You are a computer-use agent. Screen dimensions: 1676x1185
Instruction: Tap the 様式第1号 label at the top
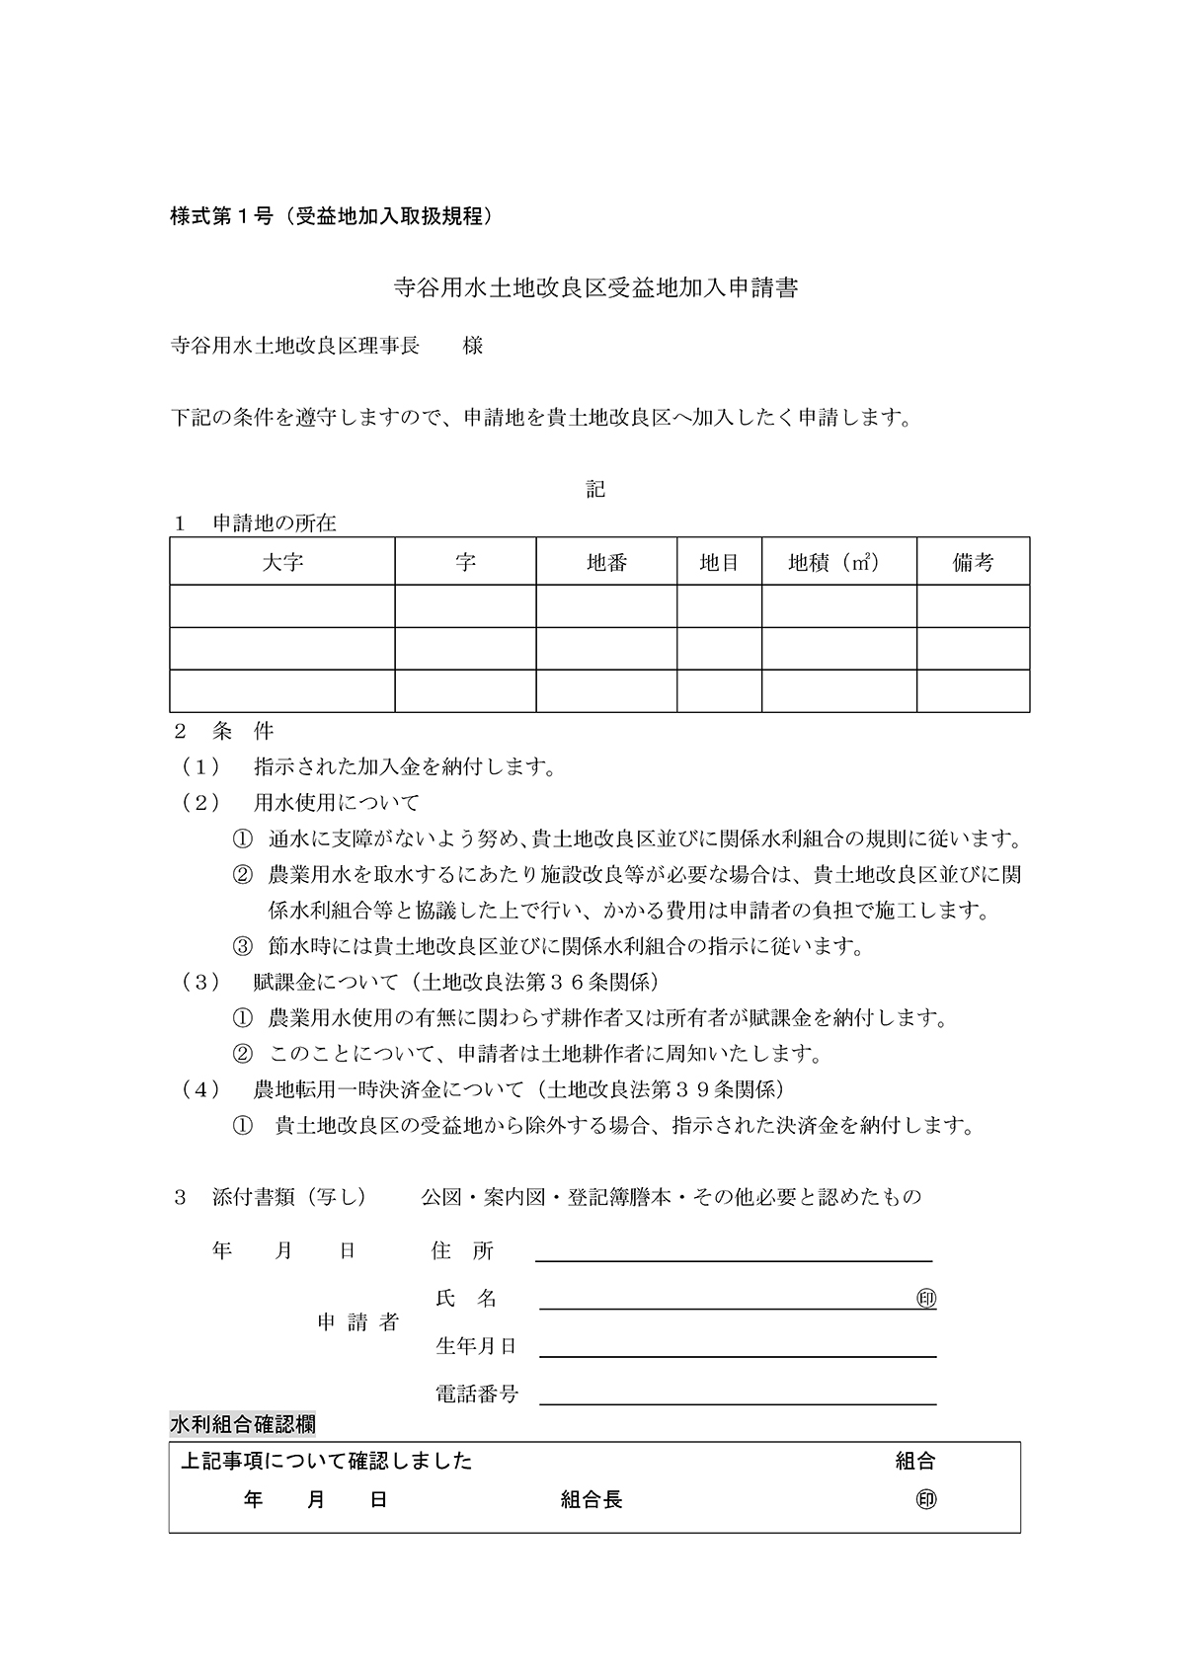[221, 216]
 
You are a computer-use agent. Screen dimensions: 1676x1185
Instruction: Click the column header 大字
[282, 562]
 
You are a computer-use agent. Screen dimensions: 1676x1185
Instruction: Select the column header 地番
[606, 562]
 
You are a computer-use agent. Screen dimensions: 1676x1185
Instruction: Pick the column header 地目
[719, 562]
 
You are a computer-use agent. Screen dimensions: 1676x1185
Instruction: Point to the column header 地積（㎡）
[837, 562]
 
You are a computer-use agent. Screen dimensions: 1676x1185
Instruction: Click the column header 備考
[973, 562]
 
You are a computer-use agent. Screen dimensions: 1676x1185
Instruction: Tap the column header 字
[465, 562]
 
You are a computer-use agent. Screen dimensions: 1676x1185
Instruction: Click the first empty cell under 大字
[282, 605]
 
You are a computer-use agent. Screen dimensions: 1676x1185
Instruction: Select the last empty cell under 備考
[973, 690]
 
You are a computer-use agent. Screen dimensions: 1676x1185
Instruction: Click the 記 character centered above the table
[595, 489]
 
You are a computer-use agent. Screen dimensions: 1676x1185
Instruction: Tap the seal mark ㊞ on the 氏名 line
[926, 1298]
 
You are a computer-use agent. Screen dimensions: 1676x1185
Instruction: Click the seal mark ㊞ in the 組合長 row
[926, 1499]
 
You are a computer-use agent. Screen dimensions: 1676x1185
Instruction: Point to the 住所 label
[462, 1250]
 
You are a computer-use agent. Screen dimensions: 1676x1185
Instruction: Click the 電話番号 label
[477, 1394]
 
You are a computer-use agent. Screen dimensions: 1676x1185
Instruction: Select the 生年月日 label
[477, 1345]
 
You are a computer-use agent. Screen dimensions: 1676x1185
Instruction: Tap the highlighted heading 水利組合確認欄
[243, 1424]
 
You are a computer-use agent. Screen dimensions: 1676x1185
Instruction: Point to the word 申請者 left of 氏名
[358, 1321]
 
